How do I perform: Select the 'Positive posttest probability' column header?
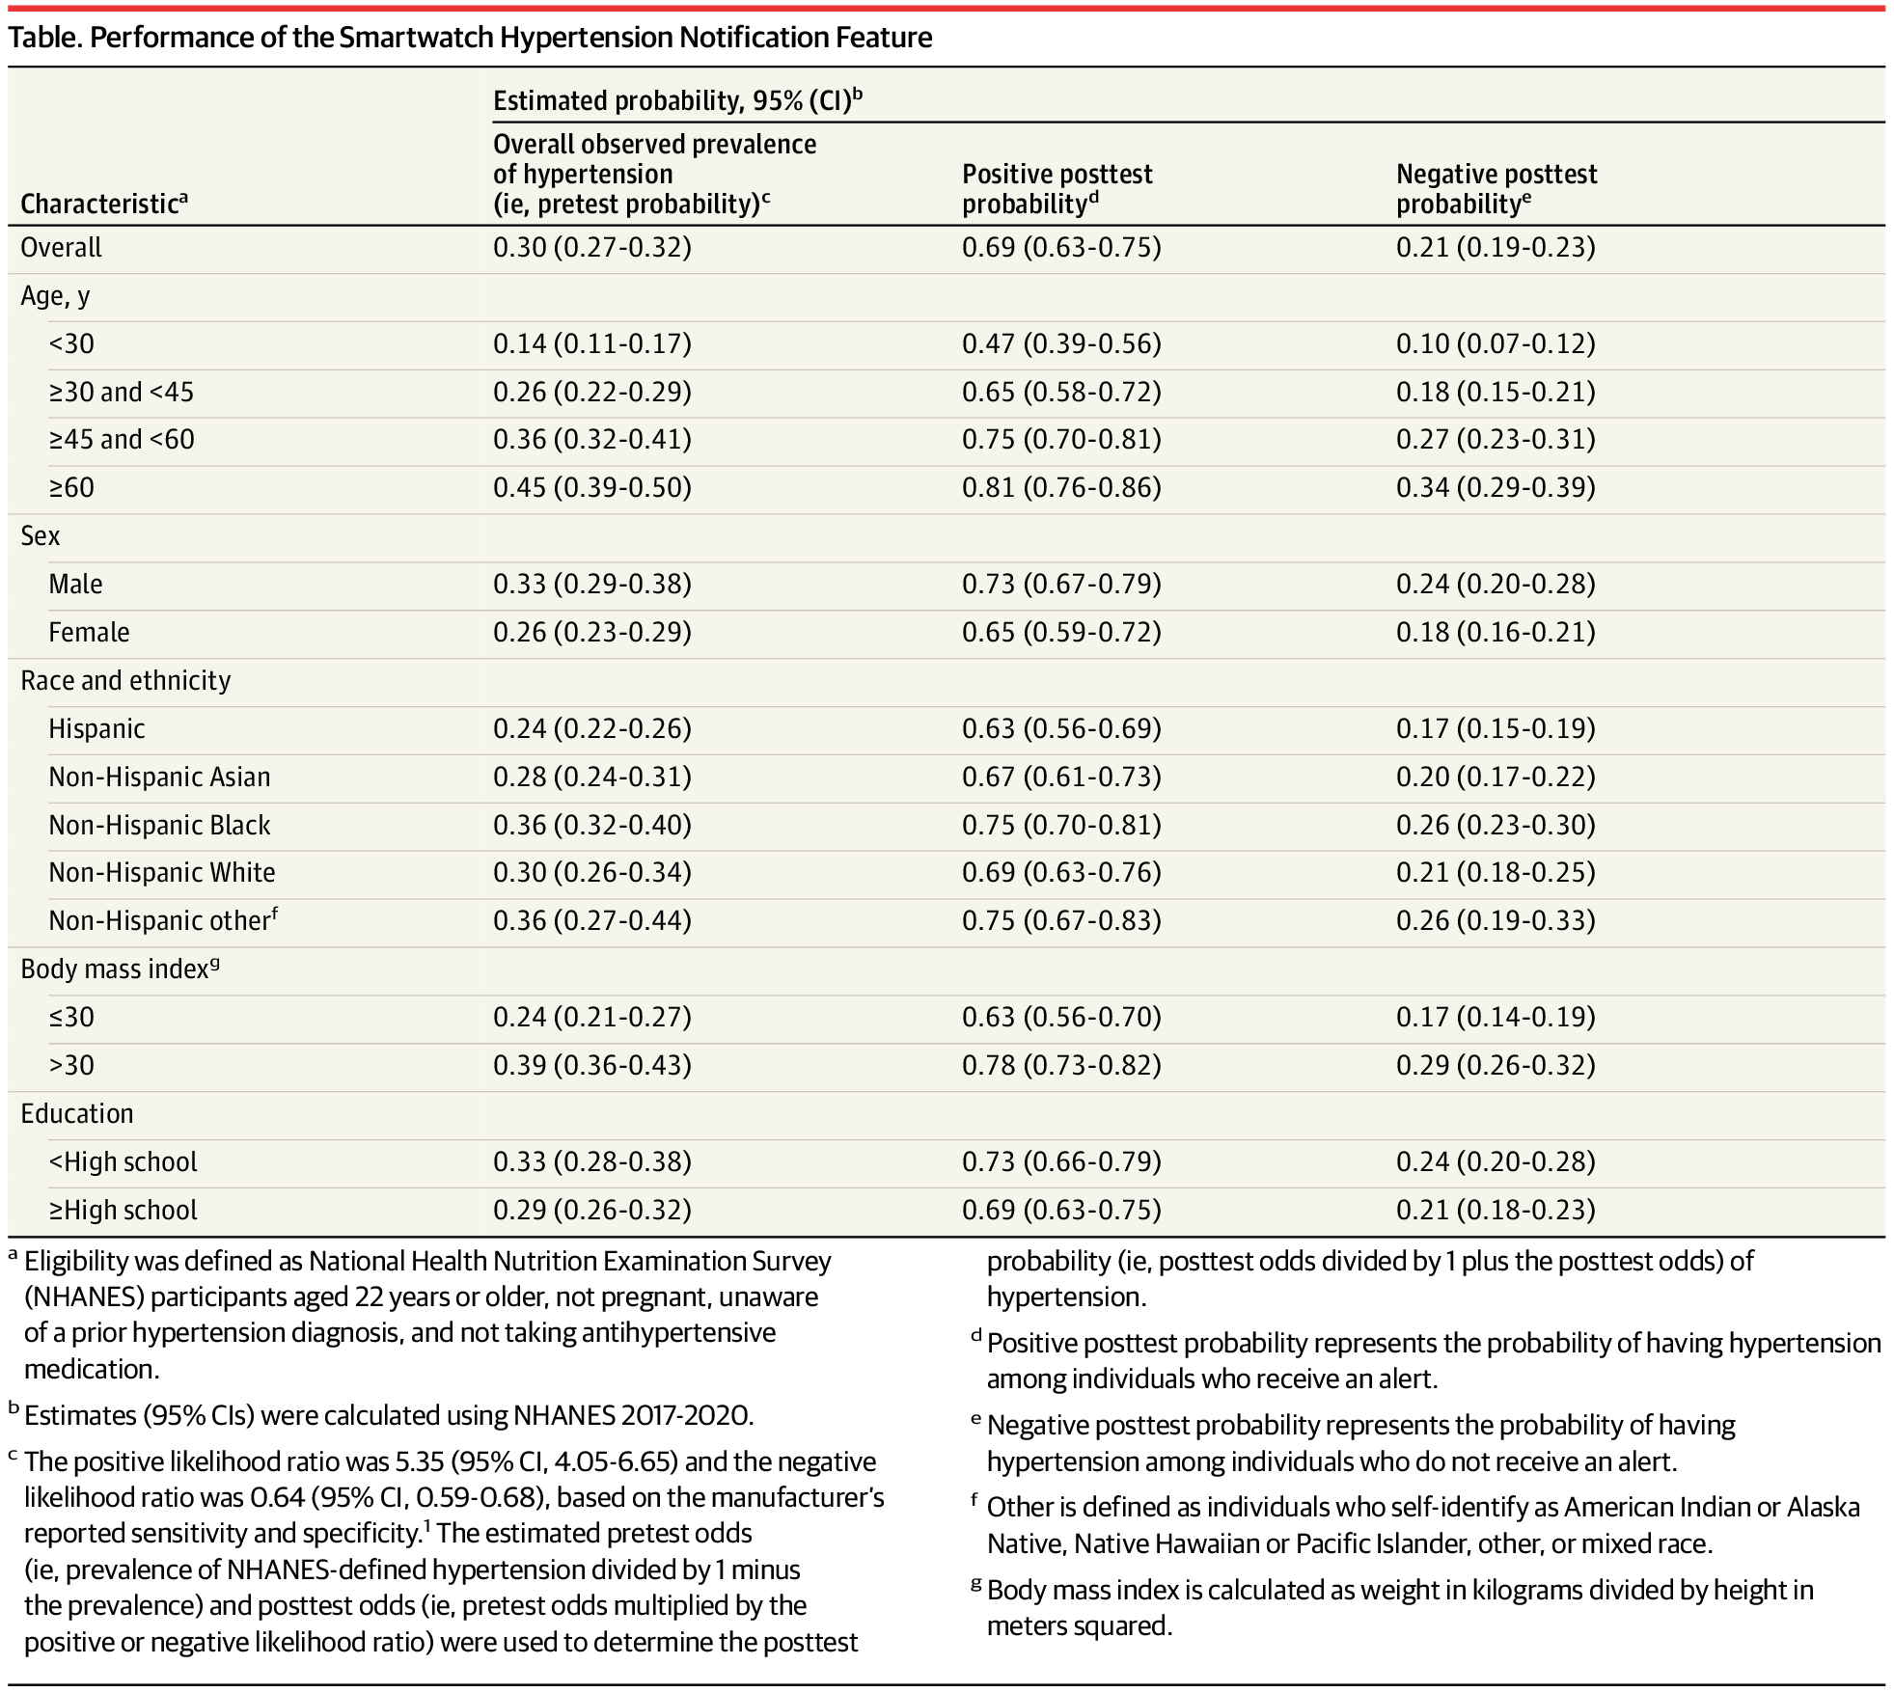click(x=1057, y=189)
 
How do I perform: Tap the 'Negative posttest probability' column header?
click(x=1496, y=189)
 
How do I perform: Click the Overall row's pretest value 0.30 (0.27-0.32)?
click(x=591, y=248)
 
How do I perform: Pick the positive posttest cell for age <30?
click(x=1060, y=344)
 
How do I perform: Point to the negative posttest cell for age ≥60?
click(x=1495, y=488)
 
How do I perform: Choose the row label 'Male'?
click(x=75, y=585)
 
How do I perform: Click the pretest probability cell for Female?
click(x=591, y=633)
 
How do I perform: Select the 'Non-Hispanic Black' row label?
click(x=159, y=826)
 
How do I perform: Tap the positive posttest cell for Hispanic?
click(x=1060, y=729)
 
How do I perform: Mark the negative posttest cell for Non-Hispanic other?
click(x=1495, y=921)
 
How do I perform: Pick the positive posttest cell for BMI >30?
click(x=1060, y=1066)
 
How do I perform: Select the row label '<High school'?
click(x=123, y=1162)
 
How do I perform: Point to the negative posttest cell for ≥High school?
click(x=1495, y=1211)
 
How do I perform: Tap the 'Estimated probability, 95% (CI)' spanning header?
click(x=675, y=101)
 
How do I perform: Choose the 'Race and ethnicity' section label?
click(x=125, y=681)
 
